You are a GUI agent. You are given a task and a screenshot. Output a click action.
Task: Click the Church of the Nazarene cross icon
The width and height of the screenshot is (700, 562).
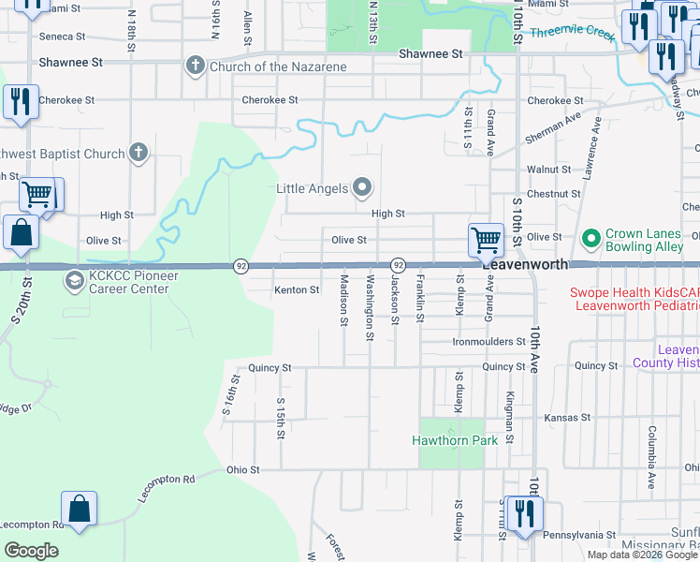coord(195,67)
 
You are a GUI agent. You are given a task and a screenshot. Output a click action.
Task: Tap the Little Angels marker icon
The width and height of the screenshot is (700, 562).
coord(362,188)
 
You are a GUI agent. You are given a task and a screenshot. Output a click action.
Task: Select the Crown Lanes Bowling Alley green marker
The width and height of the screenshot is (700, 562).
coord(591,240)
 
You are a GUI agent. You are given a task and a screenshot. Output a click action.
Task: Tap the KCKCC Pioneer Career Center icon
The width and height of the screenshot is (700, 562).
coord(73,281)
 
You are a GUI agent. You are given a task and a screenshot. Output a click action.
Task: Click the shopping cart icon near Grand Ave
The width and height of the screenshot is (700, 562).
coord(486,239)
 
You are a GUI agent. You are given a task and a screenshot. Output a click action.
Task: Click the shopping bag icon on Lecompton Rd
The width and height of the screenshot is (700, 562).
coord(80,510)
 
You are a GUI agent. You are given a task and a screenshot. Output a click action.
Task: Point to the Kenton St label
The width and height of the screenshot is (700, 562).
coord(297,290)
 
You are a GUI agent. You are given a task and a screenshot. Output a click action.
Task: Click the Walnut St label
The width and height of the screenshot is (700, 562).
coord(548,170)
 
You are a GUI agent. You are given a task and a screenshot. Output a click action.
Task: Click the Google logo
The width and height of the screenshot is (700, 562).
coord(31,551)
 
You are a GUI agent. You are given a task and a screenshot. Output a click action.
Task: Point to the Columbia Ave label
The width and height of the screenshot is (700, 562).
coord(649,458)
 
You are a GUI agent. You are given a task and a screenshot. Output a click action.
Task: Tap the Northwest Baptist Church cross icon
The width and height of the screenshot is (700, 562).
coord(139,154)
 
